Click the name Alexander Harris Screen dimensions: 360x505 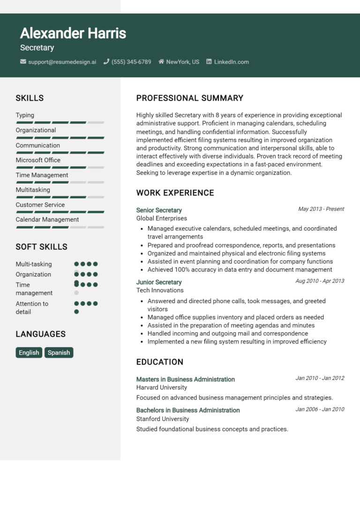(x=73, y=33)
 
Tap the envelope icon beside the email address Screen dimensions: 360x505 (x=23, y=61)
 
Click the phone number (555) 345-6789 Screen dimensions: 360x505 (x=131, y=62)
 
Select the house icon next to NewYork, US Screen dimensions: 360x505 (x=161, y=61)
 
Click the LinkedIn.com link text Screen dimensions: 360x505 (x=232, y=62)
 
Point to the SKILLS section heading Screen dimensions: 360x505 (x=30, y=98)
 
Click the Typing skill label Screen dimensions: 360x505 (x=25, y=115)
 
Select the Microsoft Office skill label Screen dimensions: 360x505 (x=38, y=160)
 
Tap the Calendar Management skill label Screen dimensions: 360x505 (x=47, y=220)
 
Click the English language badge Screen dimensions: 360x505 (x=29, y=353)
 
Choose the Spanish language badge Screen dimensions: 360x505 (x=59, y=353)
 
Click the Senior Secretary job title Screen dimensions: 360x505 (x=159, y=210)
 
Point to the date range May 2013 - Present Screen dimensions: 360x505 (x=321, y=209)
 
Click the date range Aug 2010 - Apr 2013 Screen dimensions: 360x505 (x=320, y=281)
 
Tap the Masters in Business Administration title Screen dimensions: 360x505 (x=186, y=379)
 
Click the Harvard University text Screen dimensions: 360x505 (x=162, y=387)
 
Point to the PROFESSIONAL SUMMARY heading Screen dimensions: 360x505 (x=190, y=98)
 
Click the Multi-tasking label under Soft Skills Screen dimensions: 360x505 (x=34, y=264)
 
